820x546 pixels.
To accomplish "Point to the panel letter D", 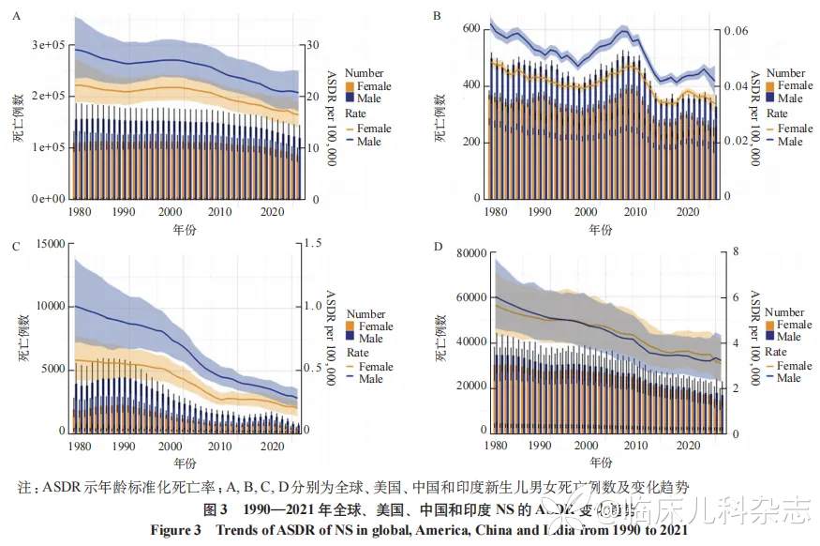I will [x=436, y=247].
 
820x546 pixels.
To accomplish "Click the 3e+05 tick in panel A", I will [x=47, y=45].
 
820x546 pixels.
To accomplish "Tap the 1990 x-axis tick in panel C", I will [x=126, y=446].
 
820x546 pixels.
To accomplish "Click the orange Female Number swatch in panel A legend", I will [x=350, y=86].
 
